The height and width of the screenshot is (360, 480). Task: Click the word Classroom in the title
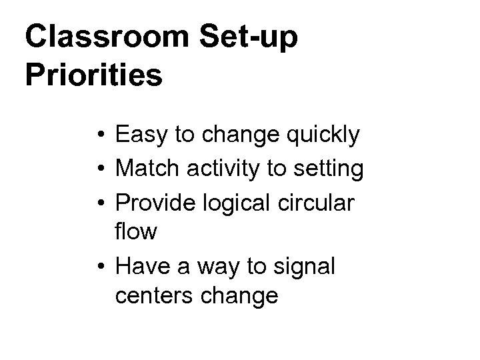(106, 37)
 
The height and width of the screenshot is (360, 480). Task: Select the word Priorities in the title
(93, 75)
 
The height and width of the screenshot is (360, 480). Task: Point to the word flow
(136, 232)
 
